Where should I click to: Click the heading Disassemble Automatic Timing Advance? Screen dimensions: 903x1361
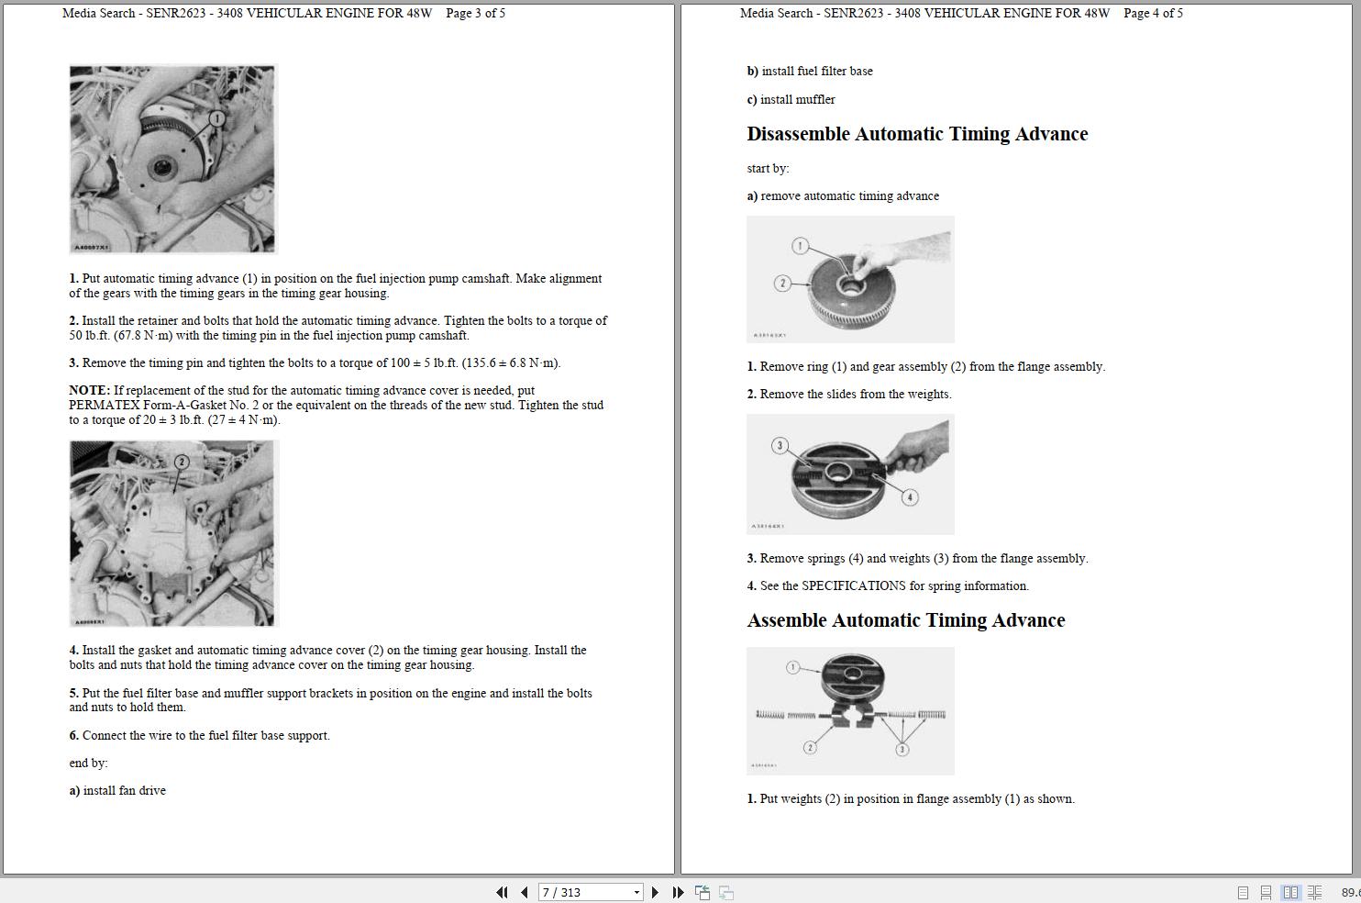pos(917,134)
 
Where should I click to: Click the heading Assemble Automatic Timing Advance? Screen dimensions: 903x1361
pos(905,620)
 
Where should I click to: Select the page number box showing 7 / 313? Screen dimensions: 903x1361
pos(589,892)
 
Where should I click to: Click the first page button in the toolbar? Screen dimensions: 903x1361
pos(502,892)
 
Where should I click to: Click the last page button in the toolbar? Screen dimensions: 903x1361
pos(678,892)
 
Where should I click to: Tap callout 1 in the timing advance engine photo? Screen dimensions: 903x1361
pos(217,118)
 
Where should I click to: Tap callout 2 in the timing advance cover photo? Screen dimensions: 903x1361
pos(182,462)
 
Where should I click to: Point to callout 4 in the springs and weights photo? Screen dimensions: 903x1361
pos(909,497)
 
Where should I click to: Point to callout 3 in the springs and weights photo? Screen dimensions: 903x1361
pos(780,446)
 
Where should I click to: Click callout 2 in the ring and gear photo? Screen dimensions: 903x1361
pos(782,284)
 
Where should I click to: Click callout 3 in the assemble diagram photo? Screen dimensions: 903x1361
pos(902,749)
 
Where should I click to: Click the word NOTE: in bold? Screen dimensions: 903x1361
pos(89,390)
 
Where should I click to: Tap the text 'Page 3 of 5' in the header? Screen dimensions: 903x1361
pos(475,13)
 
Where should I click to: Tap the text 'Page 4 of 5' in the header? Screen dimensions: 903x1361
pos(1153,13)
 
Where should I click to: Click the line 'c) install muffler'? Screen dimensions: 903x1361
pos(791,99)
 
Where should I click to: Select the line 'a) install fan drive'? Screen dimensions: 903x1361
pos(117,790)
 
